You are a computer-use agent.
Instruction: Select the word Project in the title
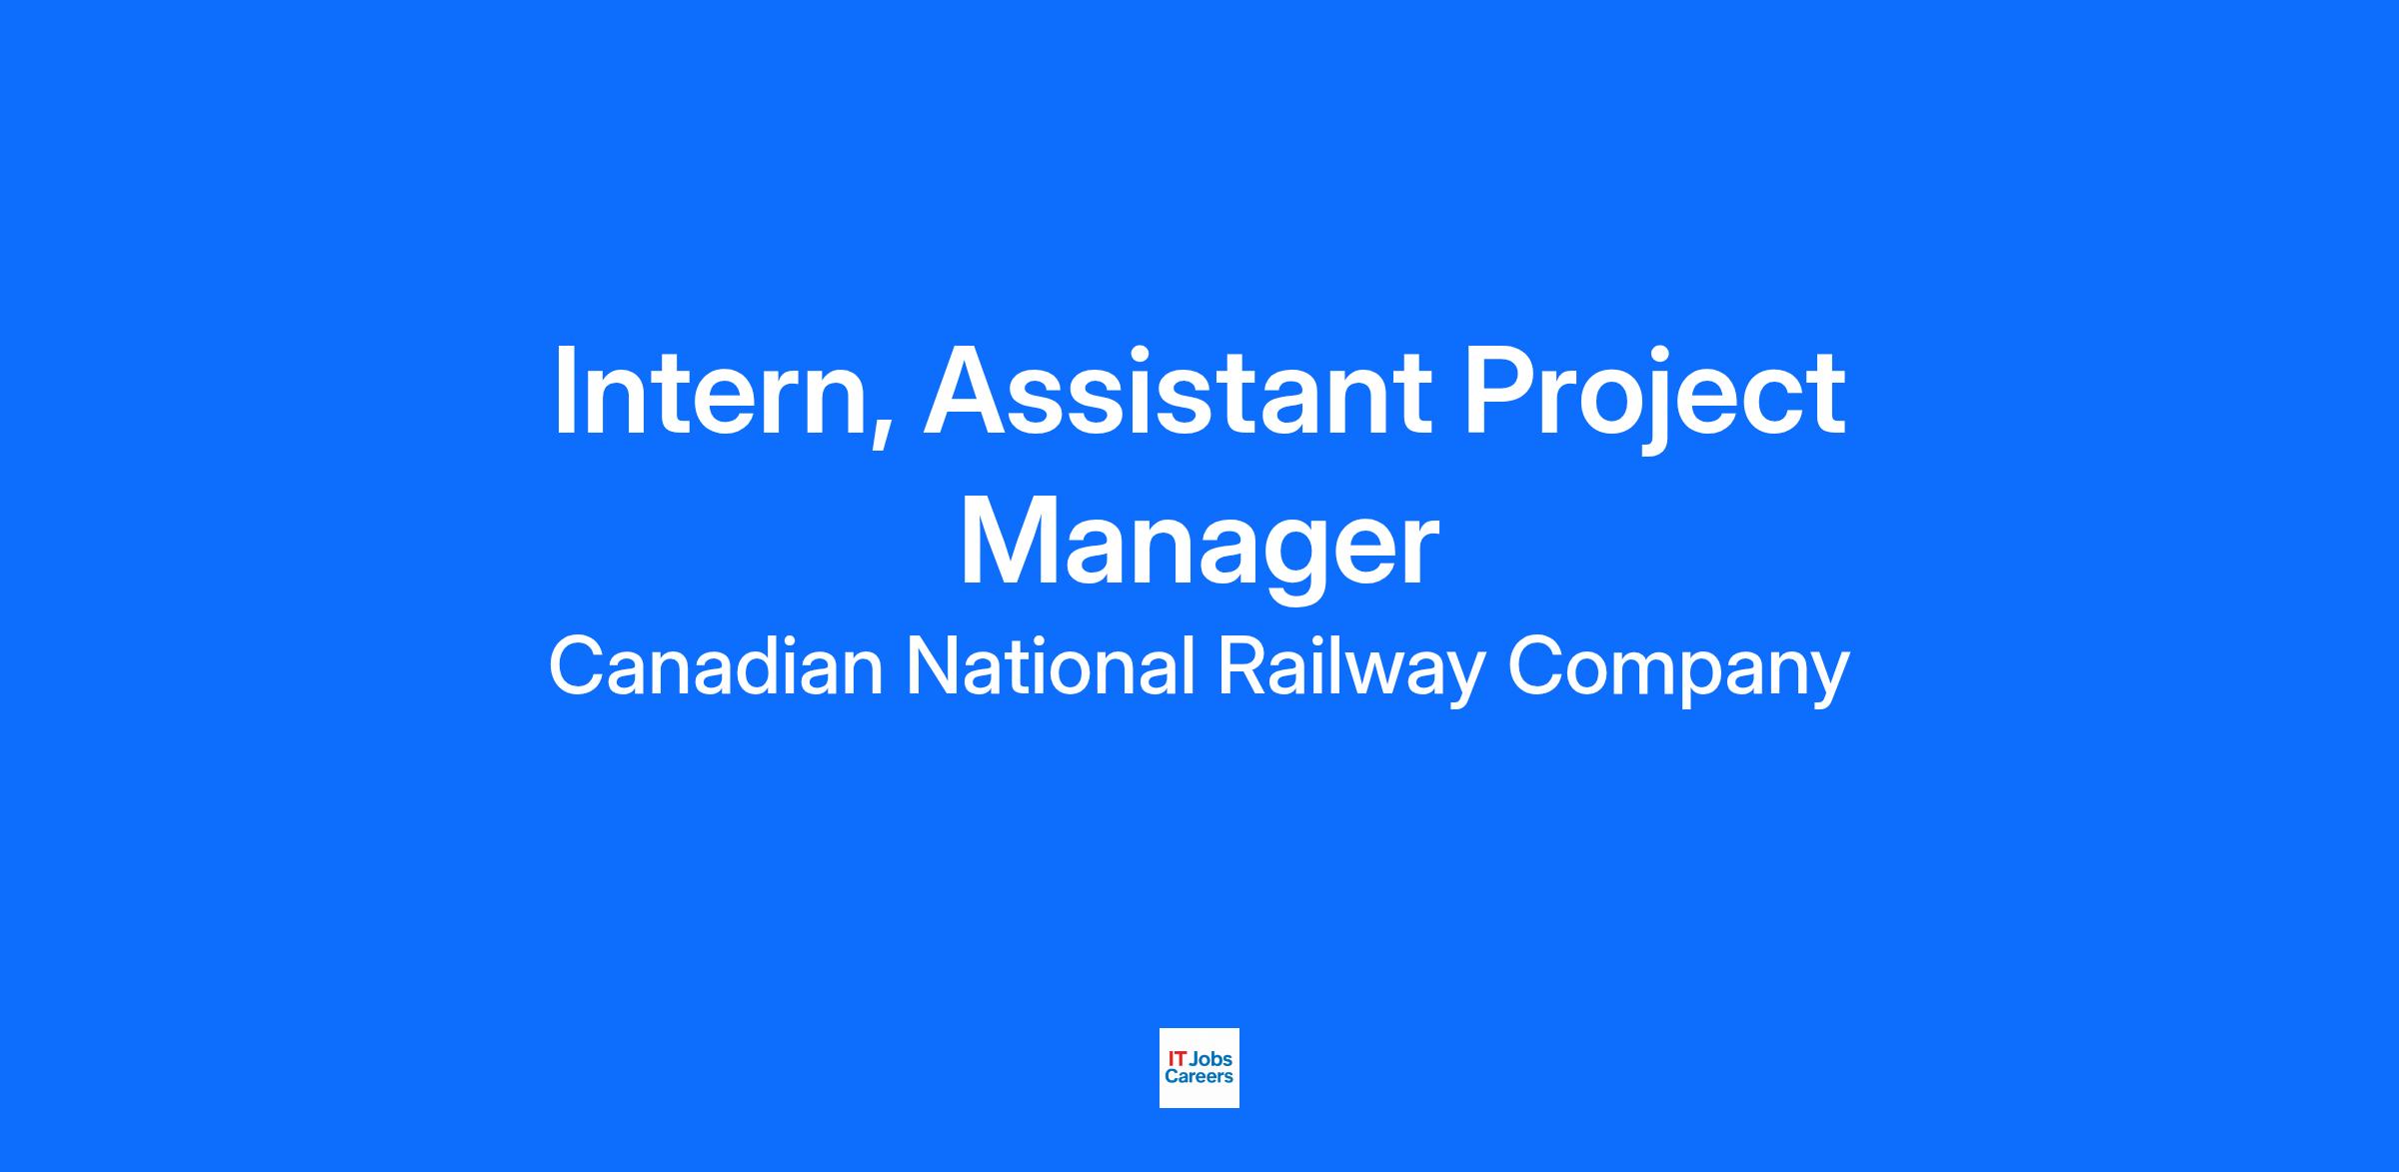pyautogui.click(x=1655, y=397)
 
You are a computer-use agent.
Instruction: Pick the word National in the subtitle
pyautogui.click(x=1051, y=666)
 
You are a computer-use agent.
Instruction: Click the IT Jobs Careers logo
pyautogui.click(x=1199, y=1068)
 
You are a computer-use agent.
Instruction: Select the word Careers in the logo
pyautogui.click(x=1199, y=1076)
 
